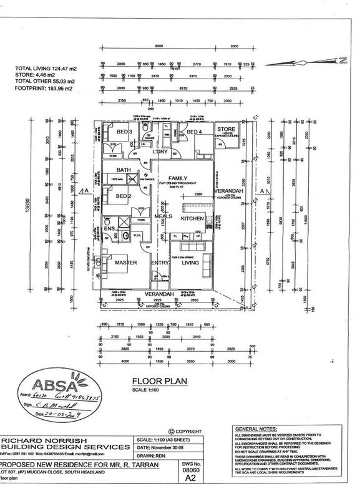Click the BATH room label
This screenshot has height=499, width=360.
tap(123, 170)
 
